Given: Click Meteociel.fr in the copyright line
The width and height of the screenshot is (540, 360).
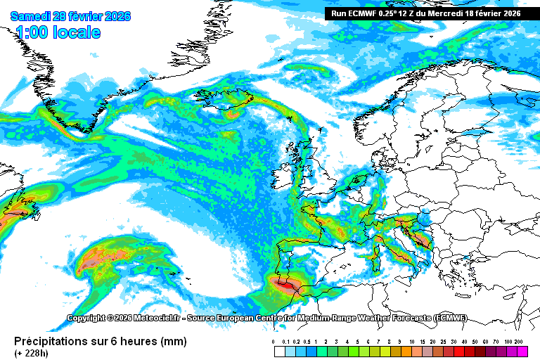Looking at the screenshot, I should (150, 319).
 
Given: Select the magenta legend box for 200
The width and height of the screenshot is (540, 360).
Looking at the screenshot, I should (521, 350).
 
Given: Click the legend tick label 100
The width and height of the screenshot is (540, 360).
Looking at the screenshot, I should (508, 341).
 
